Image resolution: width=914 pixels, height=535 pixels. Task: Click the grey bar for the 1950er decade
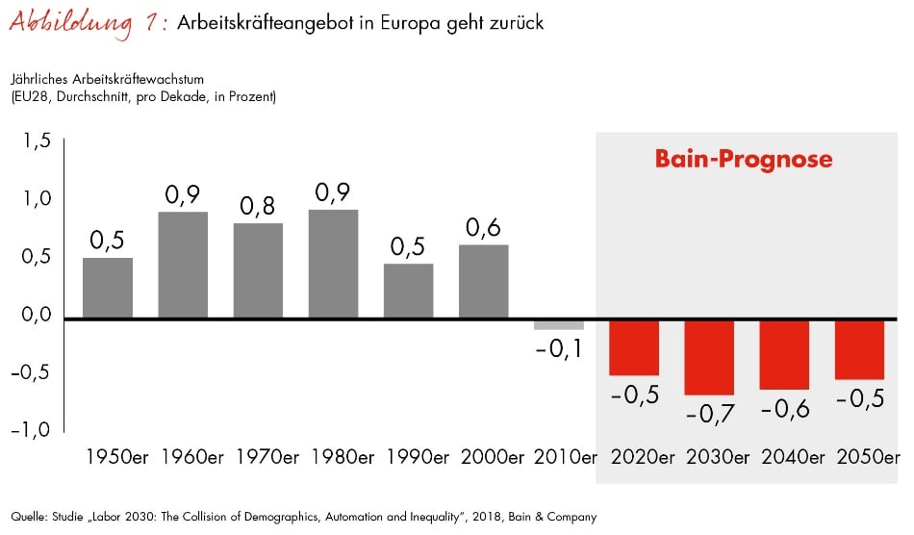[108, 288]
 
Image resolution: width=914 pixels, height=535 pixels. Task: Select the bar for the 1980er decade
[333, 264]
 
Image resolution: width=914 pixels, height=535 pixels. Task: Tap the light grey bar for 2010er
[559, 324]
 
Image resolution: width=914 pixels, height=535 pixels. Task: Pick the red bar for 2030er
[709, 357]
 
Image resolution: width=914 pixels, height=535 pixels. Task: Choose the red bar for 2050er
[859, 349]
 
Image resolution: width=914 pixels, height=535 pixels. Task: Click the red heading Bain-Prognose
[744, 159]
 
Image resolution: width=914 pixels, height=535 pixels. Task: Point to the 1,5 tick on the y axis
[38, 141]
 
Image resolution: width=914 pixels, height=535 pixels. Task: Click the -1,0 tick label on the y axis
[33, 429]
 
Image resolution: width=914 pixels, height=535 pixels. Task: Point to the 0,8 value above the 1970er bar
[258, 207]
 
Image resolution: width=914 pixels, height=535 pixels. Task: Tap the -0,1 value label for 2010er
[558, 348]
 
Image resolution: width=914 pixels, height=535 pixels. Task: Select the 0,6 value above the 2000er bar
[483, 228]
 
